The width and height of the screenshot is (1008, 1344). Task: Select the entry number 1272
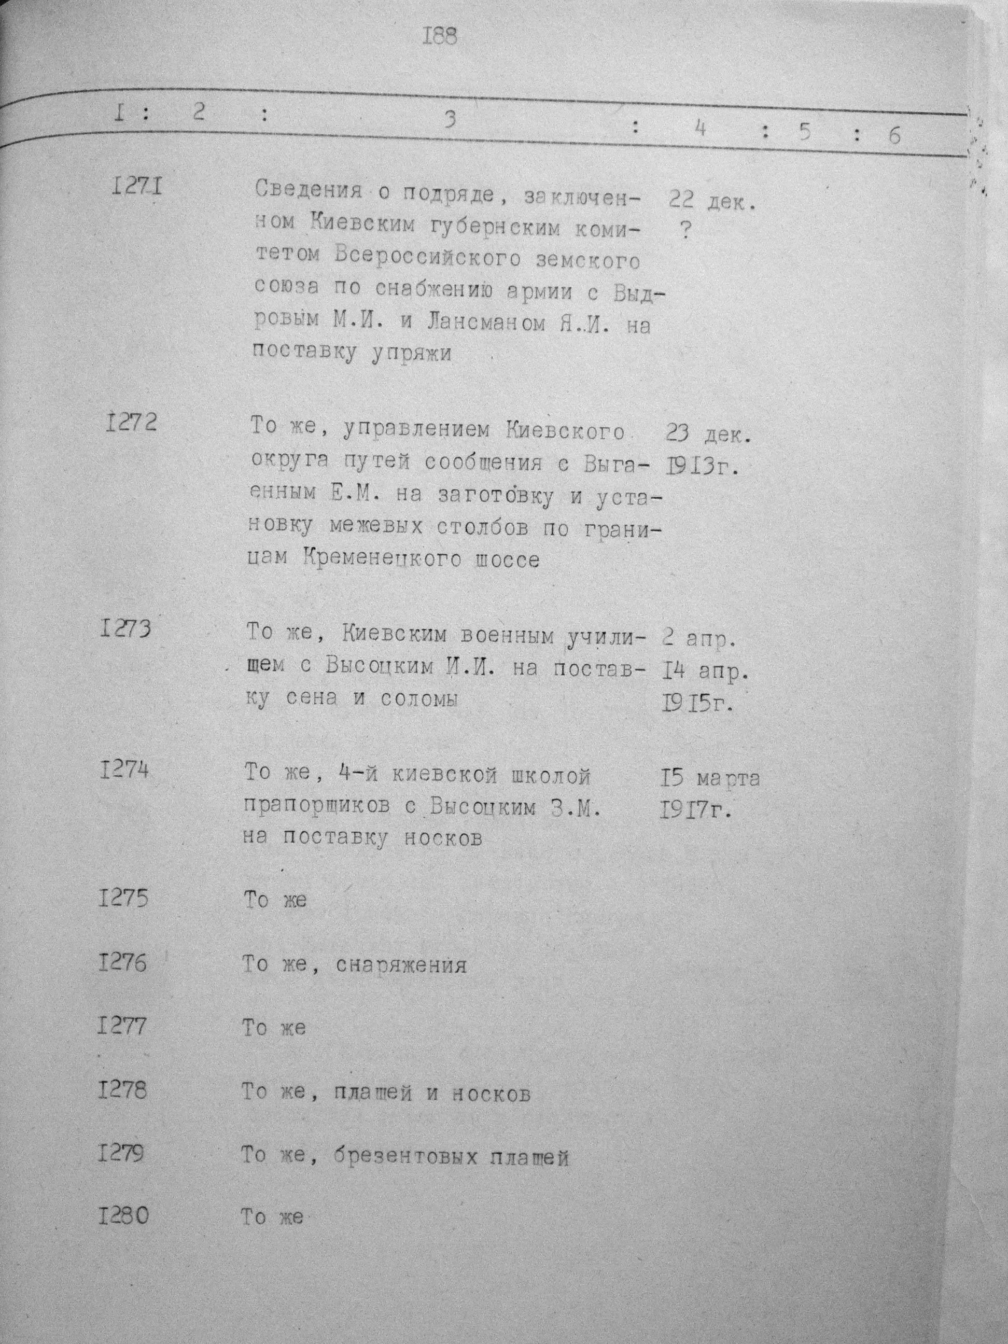click(131, 421)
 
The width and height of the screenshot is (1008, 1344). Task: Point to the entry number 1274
click(124, 771)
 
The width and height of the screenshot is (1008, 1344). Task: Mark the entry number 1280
click(123, 1216)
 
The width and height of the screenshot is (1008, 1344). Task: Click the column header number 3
click(449, 121)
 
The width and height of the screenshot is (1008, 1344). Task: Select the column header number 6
click(894, 135)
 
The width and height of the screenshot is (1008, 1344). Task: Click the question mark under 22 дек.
click(685, 231)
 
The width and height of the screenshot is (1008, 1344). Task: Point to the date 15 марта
click(710, 778)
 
